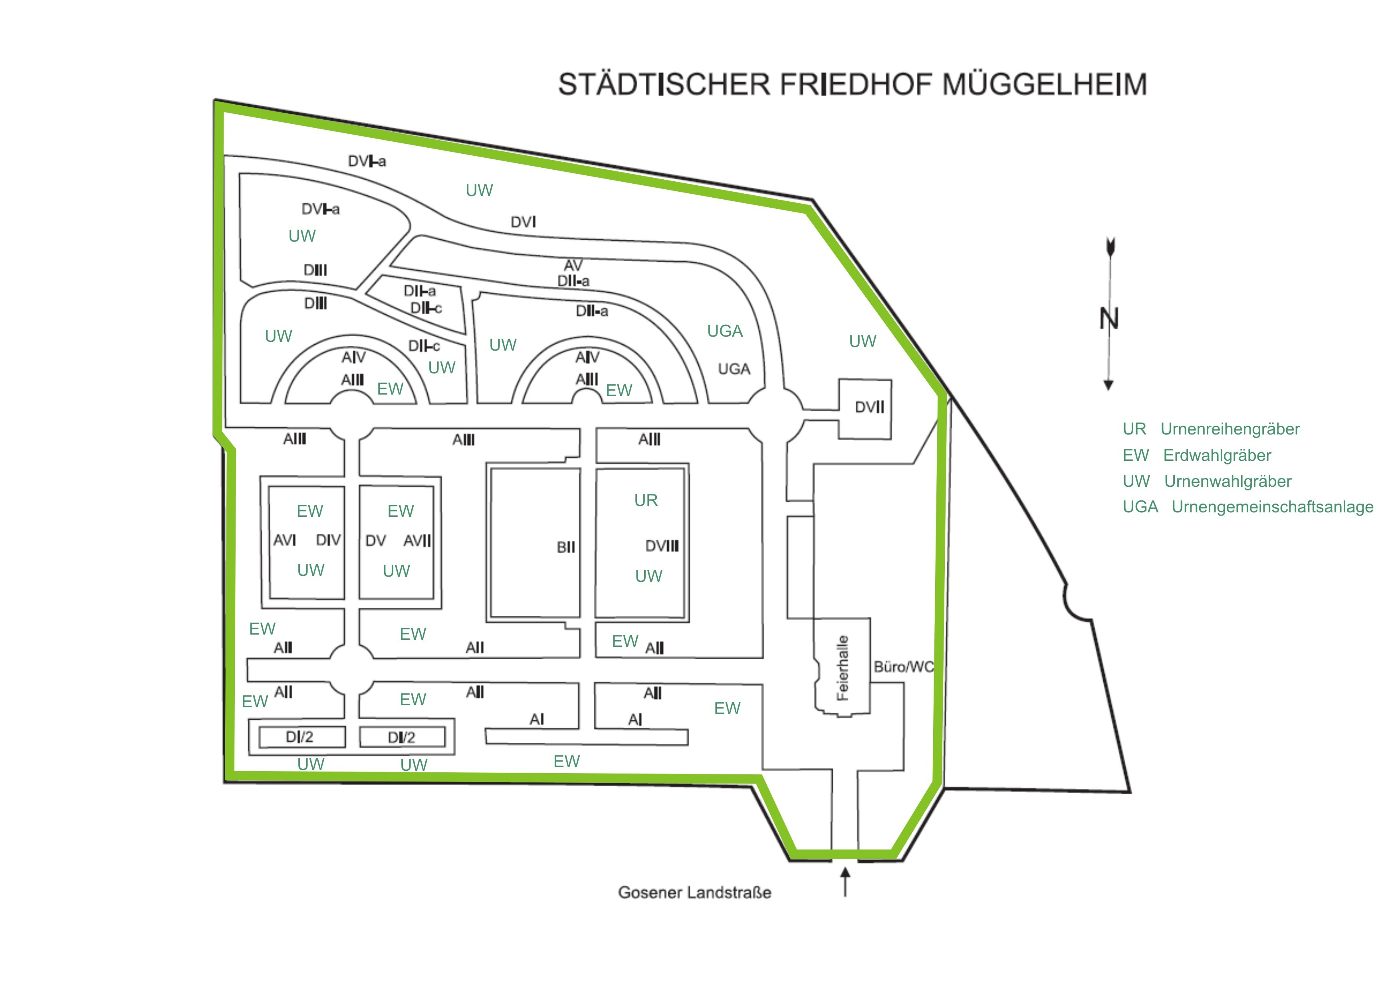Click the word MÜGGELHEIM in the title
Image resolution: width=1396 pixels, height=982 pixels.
pyautogui.click(x=1044, y=85)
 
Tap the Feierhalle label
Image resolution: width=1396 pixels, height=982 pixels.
pyautogui.click(x=842, y=668)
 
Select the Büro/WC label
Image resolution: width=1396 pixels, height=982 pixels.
pyautogui.click(x=903, y=667)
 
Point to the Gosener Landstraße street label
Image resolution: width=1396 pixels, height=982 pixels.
pyautogui.click(x=694, y=893)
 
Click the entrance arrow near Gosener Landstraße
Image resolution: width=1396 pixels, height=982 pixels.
pyautogui.click(x=845, y=882)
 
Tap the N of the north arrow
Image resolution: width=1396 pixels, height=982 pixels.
pyautogui.click(x=1108, y=319)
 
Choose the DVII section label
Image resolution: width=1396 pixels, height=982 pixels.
pyautogui.click(x=869, y=407)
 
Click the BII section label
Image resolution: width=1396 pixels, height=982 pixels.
pyautogui.click(x=565, y=547)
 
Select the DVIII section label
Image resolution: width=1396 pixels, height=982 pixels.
pyautogui.click(x=662, y=546)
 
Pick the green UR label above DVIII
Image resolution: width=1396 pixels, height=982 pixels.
pyautogui.click(x=646, y=500)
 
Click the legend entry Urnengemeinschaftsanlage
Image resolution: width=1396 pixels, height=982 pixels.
pyautogui.click(x=1272, y=507)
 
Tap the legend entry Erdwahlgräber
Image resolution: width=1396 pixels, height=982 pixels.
pyautogui.click(x=1217, y=455)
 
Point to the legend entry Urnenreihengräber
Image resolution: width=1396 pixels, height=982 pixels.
pyautogui.click(x=1229, y=429)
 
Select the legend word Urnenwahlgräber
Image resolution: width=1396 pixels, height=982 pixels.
pyautogui.click(x=1227, y=482)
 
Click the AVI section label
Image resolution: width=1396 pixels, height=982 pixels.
pyautogui.click(x=285, y=540)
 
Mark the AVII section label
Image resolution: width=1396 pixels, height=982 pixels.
pyautogui.click(x=417, y=541)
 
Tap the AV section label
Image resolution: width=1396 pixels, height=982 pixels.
pyautogui.click(x=573, y=266)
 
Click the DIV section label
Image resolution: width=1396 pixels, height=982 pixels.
pyautogui.click(x=328, y=540)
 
